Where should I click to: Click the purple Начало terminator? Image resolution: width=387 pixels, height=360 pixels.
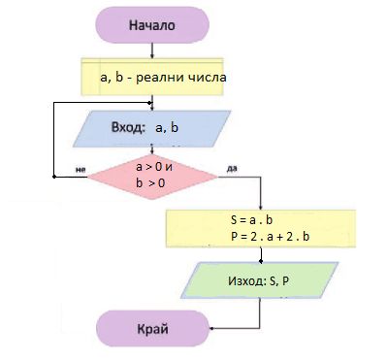coord(152,25)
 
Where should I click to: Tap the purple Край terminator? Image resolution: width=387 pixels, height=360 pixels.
coord(153,329)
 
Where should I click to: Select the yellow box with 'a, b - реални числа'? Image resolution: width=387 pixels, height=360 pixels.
coord(152,77)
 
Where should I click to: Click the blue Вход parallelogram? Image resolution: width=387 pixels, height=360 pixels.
coord(152,129)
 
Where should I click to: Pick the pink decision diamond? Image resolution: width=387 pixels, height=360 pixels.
coord(152,177)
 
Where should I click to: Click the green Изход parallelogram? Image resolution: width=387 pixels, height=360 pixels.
coord(260,280)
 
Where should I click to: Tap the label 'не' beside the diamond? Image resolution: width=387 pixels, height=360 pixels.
coord(81,169)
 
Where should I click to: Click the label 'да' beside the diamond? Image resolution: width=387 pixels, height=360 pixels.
coord(232,168)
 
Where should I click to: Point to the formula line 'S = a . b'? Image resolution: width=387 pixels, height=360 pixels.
coord(251,220)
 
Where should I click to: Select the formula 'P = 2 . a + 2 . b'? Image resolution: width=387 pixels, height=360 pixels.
coord(270,237)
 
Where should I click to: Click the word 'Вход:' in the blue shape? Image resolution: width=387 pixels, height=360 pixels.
coord(128,127)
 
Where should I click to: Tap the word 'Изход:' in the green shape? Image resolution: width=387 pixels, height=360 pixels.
coord(247,280)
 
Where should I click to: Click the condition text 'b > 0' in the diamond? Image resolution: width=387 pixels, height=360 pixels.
coord(150,183)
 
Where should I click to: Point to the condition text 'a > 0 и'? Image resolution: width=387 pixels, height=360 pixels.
coord(154,167)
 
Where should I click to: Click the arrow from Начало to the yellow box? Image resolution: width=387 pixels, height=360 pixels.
coord(152,50)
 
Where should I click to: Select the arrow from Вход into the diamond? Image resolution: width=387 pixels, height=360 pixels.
coord(152,150)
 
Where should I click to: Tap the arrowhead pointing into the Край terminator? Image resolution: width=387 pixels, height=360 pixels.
coord(212,329)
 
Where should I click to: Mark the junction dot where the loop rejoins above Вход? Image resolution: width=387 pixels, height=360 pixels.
coord(149,103)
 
